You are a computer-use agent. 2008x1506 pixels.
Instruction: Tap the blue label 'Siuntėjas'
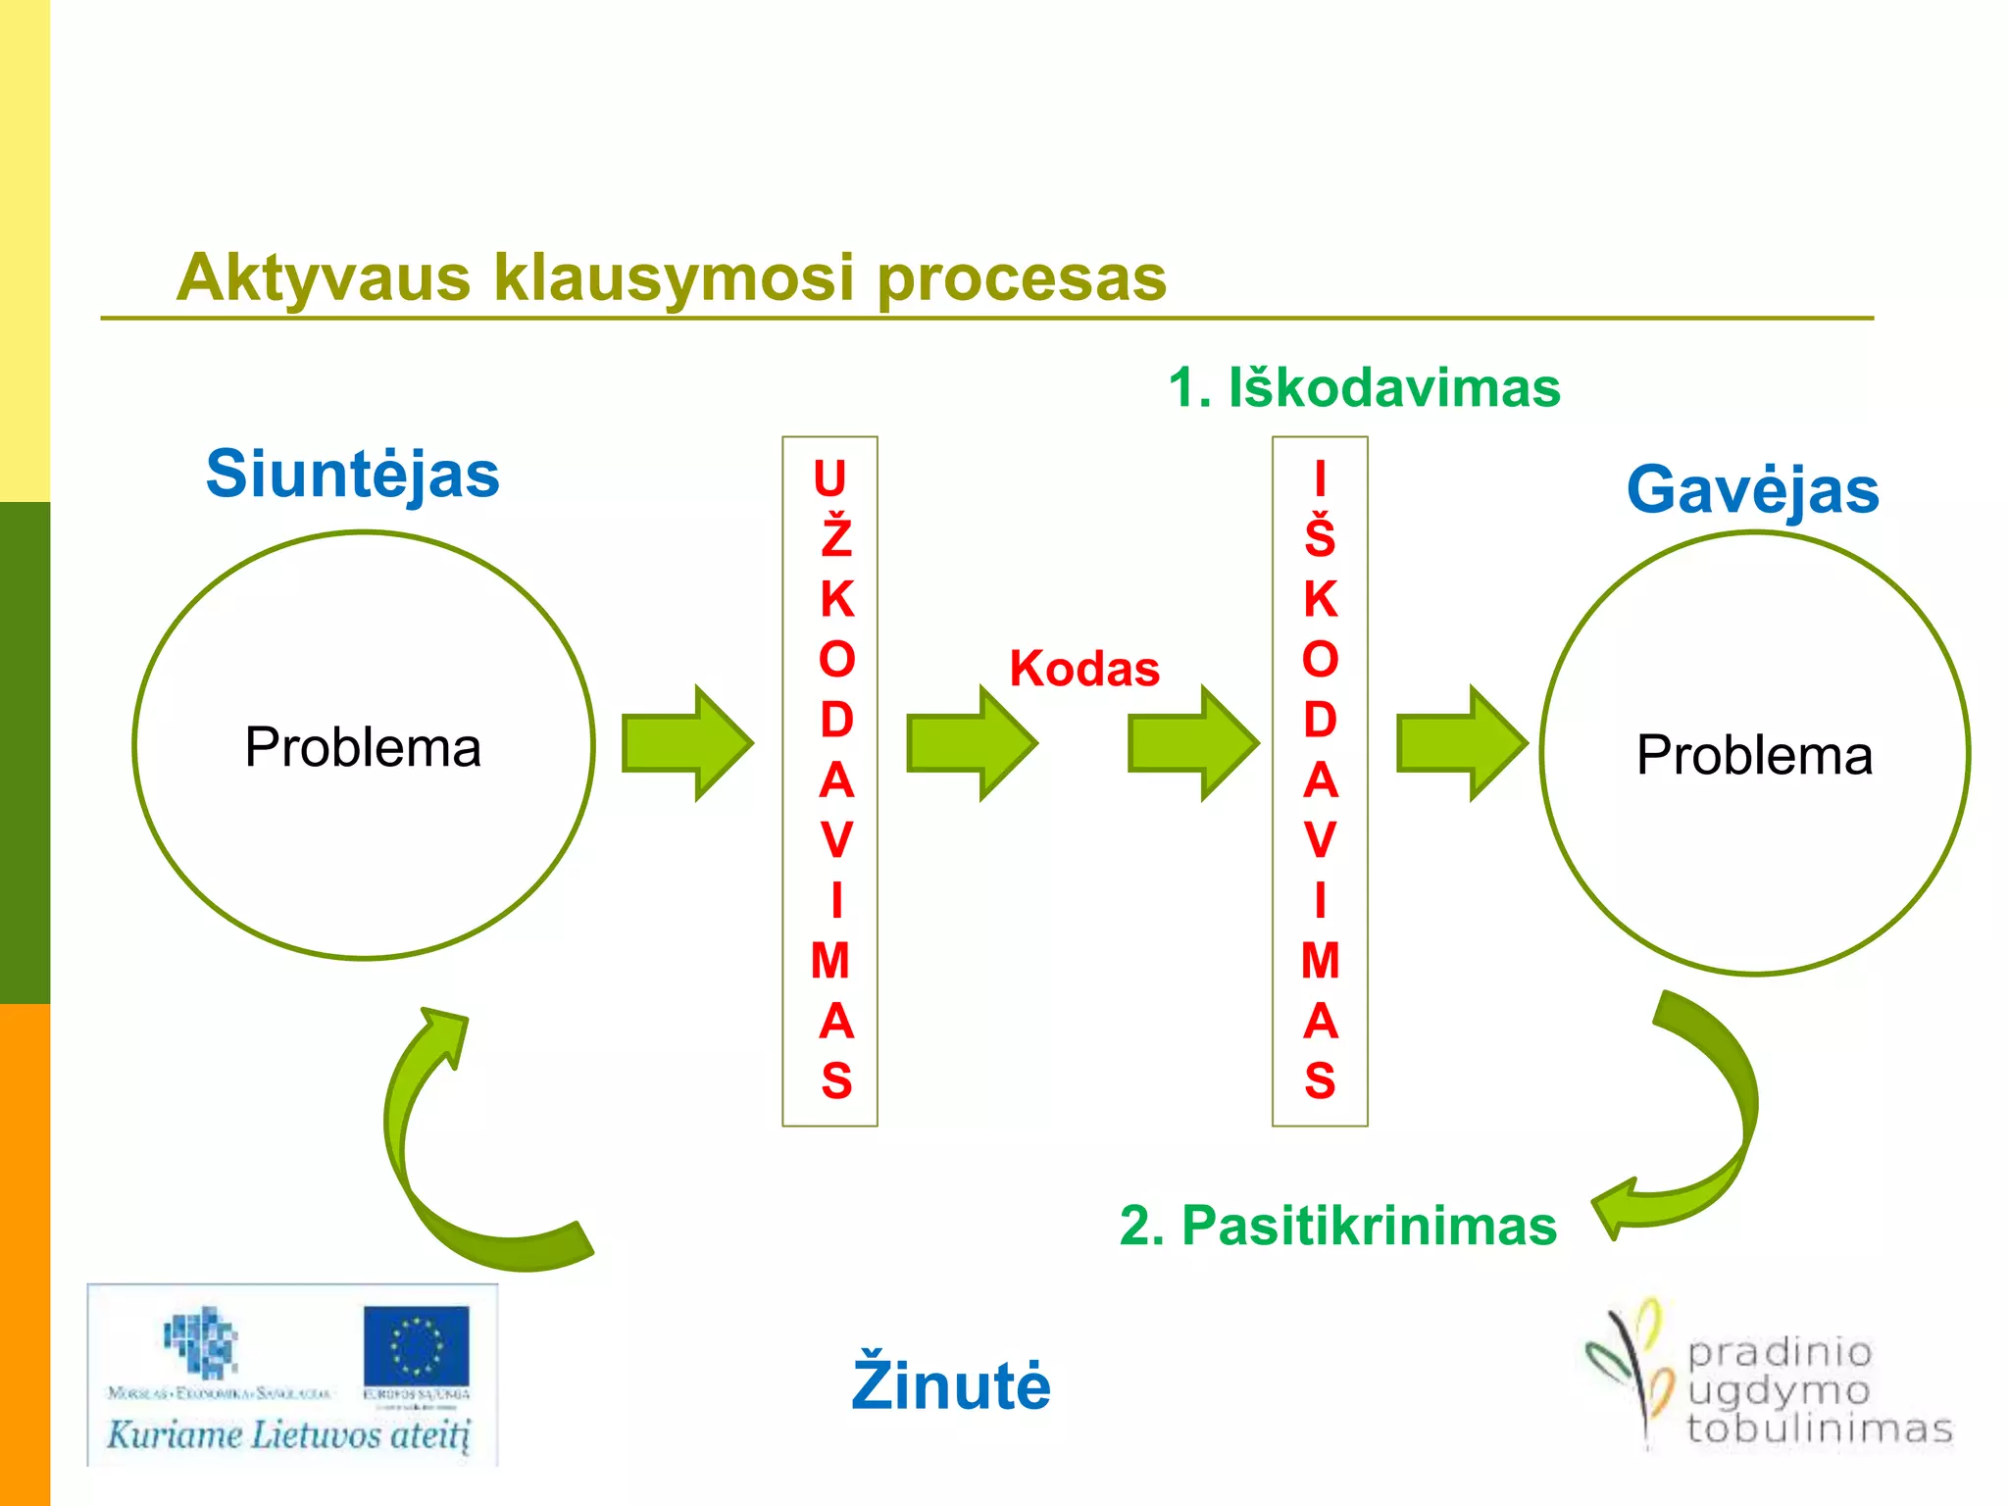(352, 475)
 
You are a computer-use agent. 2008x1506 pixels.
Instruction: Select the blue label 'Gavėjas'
(1752, 490)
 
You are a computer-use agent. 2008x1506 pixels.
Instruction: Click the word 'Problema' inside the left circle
(363, 748)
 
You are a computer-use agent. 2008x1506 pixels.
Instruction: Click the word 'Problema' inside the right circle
(1754, 756)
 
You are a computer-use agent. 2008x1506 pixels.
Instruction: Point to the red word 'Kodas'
(1084, 670)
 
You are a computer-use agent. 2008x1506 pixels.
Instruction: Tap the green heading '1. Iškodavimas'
(1364, 388)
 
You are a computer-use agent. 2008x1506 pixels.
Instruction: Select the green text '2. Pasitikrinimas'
(1337, 1226)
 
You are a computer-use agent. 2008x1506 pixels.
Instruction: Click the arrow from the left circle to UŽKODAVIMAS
(687, 743)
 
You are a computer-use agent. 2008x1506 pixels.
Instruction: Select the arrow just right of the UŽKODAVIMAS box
(971, 743)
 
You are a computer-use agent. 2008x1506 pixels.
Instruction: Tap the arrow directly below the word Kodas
(1192, 743)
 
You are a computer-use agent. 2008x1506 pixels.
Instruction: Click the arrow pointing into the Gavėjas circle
(1461, 743)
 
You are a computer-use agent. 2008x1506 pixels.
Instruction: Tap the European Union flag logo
(416, 1345)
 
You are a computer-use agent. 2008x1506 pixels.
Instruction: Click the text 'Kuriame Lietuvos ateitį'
(289, 1435)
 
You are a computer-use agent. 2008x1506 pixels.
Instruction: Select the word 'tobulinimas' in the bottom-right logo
(1820, 1430)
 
